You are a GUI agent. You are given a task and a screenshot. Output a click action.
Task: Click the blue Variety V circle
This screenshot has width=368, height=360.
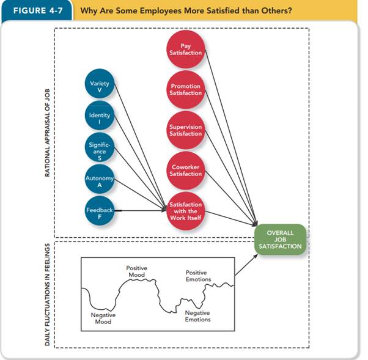click(99, 86)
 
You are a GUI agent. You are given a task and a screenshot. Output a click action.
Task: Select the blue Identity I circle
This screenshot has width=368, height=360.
click(99, 118)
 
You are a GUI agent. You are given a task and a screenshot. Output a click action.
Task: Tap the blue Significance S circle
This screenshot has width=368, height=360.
click(99, 149)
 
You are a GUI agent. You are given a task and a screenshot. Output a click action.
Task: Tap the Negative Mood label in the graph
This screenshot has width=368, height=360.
click(103, 318)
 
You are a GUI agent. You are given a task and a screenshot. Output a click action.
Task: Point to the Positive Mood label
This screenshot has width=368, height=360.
click(136, 271)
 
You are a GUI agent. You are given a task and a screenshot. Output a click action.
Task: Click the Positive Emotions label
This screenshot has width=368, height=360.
click(198, 276)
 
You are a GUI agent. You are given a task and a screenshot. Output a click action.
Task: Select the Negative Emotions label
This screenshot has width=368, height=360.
click(197, 316)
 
